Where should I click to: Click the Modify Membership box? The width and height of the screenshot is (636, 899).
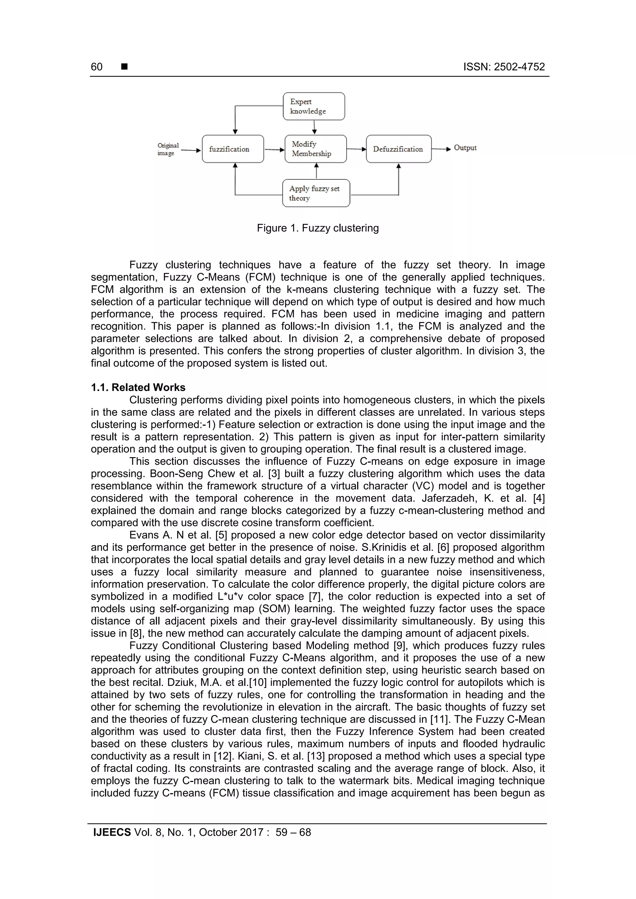(x=315, y=149)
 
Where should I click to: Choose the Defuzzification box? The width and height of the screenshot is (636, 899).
(x=398, y=149)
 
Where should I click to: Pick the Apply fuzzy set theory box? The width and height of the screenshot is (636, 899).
(x=316, y=193)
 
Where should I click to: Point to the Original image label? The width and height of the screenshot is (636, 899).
(x=167, y=149)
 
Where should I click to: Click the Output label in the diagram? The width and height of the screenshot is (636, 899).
(x=465, y=148)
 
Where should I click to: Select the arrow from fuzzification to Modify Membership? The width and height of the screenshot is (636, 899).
(x=274, y=150)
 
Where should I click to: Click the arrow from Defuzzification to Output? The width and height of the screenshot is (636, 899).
(x=441, y=149)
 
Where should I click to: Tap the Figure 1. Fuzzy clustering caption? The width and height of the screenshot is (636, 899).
(x=317, y=228)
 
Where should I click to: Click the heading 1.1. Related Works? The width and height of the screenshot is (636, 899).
(x=138, y=387)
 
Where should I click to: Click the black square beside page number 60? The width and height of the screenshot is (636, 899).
(x=124, y=67)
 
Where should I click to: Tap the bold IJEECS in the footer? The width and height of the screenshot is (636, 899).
(x=112, y=832)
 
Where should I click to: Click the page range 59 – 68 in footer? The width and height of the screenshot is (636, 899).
(x=293, y=832)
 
